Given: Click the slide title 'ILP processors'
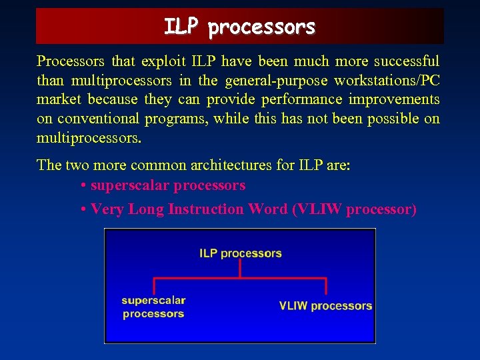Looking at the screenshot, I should tap(239, 27).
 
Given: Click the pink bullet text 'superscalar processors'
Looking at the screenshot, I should tap(168, 185).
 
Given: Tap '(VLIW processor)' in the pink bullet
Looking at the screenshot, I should tap(354, 209).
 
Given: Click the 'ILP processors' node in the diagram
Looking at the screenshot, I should tap(240, 253).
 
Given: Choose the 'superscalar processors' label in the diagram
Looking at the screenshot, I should tap(153, 307).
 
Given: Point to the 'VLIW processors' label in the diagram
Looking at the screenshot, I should tap(325, 306).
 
